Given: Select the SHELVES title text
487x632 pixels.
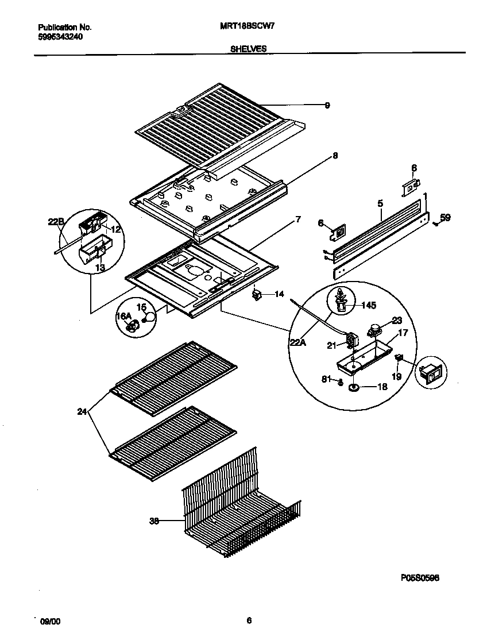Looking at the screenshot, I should (248, 49).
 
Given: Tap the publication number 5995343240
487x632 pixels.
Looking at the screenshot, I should (60, 36).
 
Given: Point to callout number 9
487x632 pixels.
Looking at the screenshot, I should (327, 105).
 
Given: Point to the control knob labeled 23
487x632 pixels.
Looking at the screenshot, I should (375, 330).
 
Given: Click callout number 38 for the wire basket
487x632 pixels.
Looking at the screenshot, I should (154, 522).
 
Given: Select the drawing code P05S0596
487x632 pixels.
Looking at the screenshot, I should (420, 579).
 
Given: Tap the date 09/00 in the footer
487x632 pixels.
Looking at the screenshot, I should (49, 621).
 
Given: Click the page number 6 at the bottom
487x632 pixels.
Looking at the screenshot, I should (249, 621).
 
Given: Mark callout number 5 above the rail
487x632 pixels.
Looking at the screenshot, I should (380, 203).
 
